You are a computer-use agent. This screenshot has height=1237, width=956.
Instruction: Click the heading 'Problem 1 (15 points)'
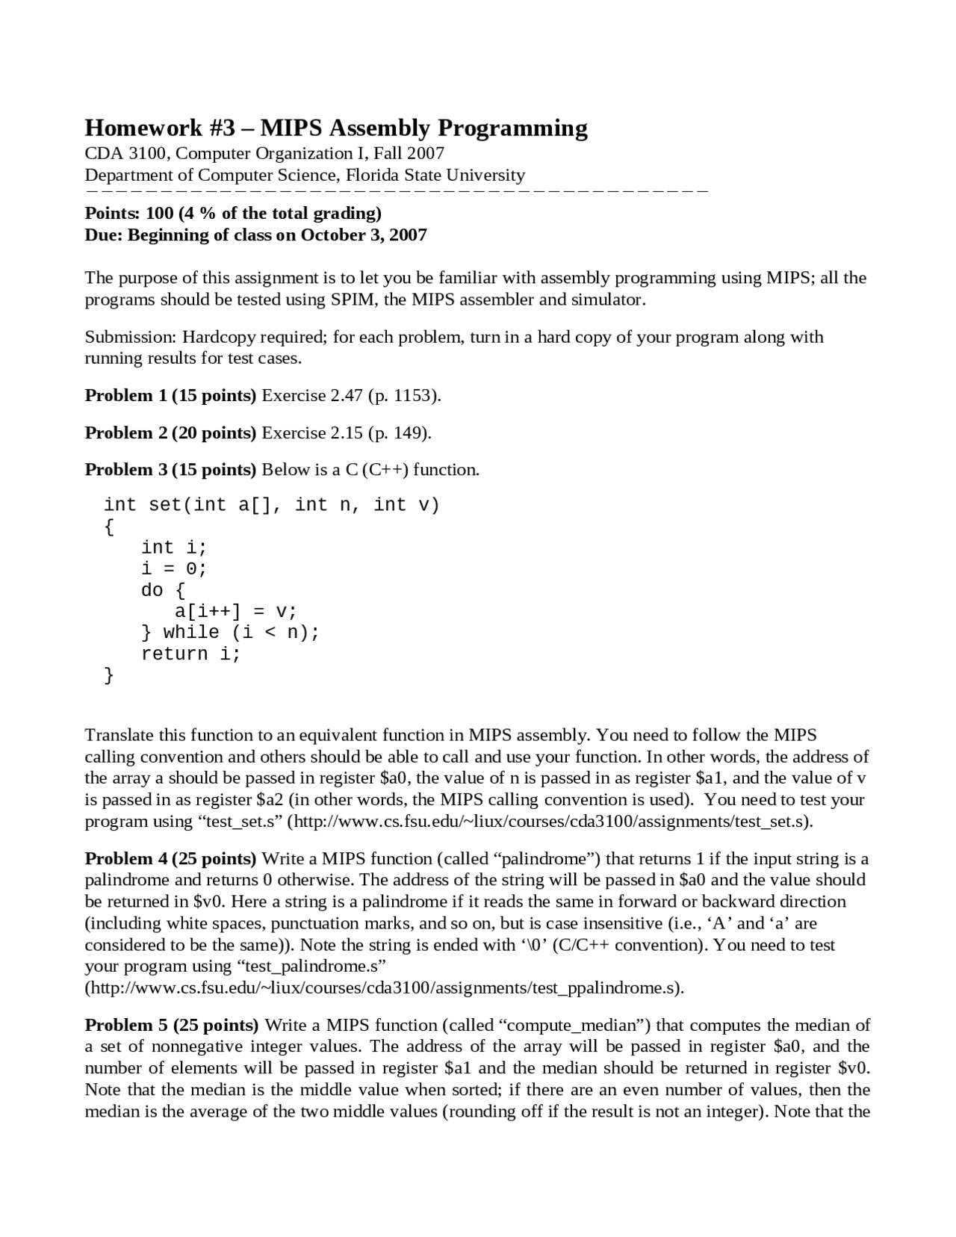(170, 396)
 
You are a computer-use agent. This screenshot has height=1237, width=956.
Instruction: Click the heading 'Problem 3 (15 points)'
(170, 470)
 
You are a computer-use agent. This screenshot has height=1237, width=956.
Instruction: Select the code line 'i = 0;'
(174, 569)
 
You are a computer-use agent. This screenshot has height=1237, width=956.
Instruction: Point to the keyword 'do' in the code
(152, 591)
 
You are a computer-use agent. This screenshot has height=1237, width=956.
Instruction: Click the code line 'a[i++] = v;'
(235, 612)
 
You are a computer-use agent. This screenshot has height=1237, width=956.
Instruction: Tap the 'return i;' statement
(191, 654)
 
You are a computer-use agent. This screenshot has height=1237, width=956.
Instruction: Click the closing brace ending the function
(109, 676)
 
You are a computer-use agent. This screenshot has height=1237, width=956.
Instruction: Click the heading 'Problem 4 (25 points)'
(170, 859)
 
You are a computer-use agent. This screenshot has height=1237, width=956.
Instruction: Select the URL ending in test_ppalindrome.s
(384, 988)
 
